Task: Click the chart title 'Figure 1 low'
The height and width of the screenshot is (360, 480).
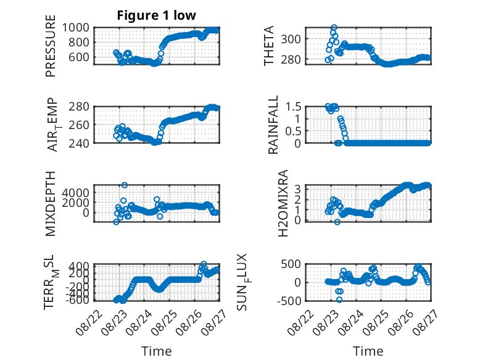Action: (157, 15)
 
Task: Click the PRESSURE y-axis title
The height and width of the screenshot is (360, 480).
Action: (51, 46)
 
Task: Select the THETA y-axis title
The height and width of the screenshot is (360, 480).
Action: (269, 46)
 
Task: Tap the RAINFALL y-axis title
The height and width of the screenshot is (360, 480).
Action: (273, 124)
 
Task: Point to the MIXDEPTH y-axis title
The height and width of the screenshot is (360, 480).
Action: (51, 204)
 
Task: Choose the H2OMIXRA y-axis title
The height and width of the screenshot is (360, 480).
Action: (283, 203)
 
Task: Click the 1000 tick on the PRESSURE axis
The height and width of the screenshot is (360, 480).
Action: (76, 28)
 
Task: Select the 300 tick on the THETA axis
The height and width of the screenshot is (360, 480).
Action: (291, 40)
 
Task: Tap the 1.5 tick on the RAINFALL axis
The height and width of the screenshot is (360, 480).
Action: (293, 107)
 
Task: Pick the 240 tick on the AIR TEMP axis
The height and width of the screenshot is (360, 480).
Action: (79, 143)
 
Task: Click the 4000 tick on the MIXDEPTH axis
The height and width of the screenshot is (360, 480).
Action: (76, 193)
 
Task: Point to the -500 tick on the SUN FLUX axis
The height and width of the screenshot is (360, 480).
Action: (289, 301)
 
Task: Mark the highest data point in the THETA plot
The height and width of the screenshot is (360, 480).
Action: (334, 28)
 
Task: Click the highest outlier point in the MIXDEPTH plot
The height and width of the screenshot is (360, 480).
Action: (124, 185)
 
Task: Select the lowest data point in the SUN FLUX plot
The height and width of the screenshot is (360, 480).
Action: (339, 299)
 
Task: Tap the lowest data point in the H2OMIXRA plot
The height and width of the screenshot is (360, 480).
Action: (337, 222)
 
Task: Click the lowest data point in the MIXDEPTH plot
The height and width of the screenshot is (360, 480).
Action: (116, 222)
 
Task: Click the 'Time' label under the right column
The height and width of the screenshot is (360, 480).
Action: (368, 351)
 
